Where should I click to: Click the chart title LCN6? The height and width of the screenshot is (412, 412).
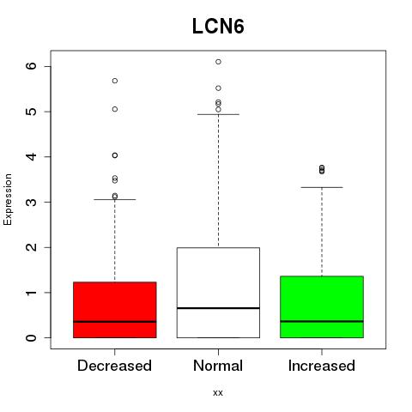pos(218,27)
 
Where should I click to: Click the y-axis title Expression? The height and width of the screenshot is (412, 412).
pos(8,199)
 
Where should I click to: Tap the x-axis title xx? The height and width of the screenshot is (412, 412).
pos(218,392)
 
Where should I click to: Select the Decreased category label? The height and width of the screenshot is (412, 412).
pos(114,366)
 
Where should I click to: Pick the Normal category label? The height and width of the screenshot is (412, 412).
pos(218,366)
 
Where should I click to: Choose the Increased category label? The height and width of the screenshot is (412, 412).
pos(322,366)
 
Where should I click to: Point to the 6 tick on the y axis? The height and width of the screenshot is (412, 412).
pos(32,66)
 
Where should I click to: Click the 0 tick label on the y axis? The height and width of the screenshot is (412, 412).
pos(32,337)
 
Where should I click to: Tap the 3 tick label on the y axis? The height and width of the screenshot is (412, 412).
pos(32,202)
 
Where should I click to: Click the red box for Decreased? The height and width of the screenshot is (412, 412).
pos(115,310)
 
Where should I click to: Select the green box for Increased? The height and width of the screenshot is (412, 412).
pos(322,307)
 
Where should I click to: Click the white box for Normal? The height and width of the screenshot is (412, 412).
pos(218,293)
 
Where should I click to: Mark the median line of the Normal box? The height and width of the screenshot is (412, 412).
pos(218,308)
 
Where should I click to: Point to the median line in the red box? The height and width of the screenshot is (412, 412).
pos(115,322)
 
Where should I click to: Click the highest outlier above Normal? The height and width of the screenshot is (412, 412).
pos(218,62)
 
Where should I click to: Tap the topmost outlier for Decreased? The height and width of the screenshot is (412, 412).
pos(115,81)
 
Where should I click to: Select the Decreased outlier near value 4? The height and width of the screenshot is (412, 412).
pos(115,155)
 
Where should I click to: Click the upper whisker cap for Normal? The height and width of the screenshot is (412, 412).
pos(218,114)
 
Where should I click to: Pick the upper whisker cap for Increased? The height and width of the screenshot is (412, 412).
pos(322,187)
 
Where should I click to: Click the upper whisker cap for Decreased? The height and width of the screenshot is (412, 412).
pos(115,199)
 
